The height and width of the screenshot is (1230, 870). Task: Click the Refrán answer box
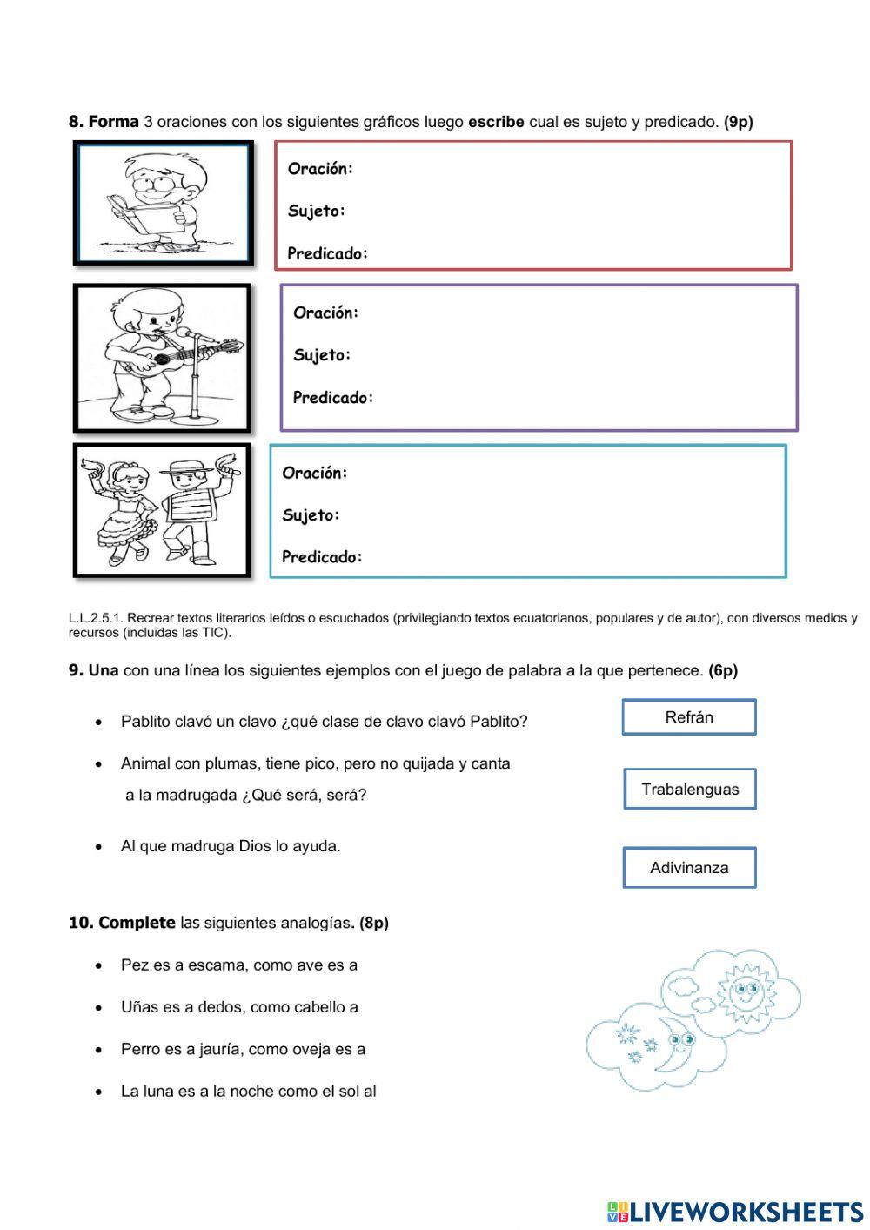[x=688, y=717]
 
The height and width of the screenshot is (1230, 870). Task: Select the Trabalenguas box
[x=689, y=790]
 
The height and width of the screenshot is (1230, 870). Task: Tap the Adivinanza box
[x=689, y=868]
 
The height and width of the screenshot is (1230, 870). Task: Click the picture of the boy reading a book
[x=163, y=204]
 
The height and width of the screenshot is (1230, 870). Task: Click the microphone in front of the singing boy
[x=186, y=333]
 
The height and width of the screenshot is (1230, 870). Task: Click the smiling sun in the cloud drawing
[x=745, y=989]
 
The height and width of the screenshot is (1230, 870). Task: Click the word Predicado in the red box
[x=327, y=254]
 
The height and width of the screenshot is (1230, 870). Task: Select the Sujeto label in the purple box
[x=321, y=355]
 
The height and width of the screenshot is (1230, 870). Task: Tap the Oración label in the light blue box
[x=314, y=473]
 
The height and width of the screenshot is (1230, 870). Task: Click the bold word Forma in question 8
[x=113, y=122]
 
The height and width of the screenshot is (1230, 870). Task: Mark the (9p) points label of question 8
[x=738, y=122]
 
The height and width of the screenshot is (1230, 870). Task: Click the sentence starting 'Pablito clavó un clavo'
[x=324, y=722]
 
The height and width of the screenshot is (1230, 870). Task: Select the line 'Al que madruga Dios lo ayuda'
[x=231, y=846]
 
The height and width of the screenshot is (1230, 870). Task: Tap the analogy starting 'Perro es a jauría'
[x=243, y=1049]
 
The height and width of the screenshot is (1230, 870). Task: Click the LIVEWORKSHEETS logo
[x=735, y=1212]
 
